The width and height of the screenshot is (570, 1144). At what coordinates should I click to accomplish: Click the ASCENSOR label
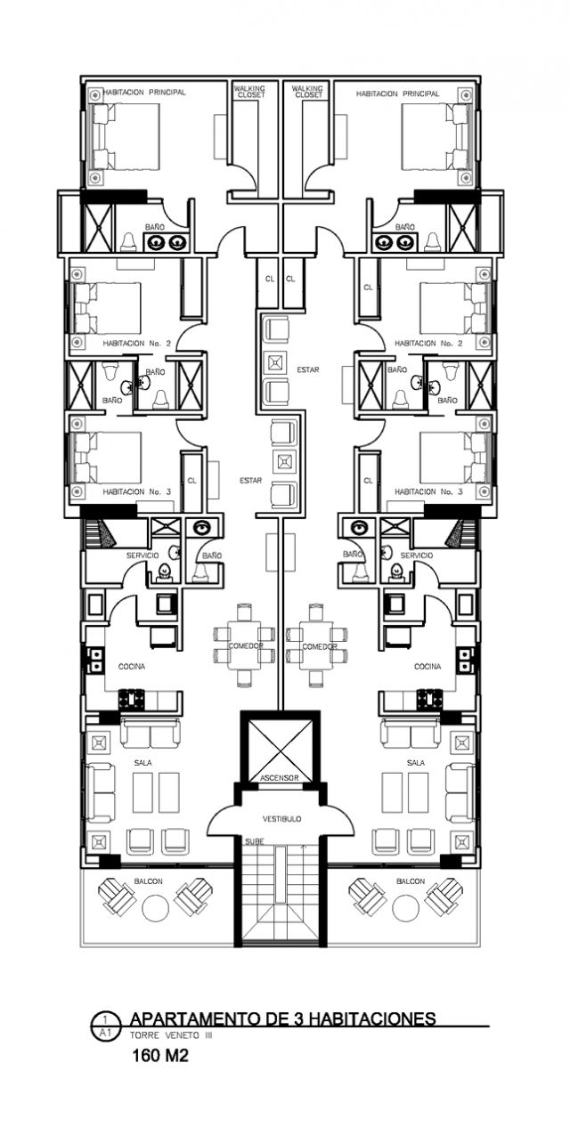tap(279, 778)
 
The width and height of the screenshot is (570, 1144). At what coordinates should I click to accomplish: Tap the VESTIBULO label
tap(281, 819)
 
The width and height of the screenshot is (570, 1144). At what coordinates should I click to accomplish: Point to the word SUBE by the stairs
tap(255, 841)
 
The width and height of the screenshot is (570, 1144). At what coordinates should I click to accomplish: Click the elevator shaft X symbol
tap(281, 747)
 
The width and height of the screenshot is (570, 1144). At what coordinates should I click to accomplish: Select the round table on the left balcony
tap(155, 906)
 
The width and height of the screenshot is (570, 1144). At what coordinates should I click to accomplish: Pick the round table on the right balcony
tap(406, 906)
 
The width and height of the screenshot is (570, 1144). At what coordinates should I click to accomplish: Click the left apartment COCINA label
tap(132, 667)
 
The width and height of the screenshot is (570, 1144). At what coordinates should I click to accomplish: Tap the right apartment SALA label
tap(416, 762)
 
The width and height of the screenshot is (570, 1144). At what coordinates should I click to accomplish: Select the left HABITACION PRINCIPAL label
tap(145, 93)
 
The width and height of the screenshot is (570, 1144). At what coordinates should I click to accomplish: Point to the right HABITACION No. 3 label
tap(428, 491)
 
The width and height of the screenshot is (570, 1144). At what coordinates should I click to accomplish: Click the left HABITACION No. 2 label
tap(137, 344)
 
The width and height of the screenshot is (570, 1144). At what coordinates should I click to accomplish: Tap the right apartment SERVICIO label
tap(416, 556)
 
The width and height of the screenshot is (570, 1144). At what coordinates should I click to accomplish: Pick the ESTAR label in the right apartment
tap(308, 369)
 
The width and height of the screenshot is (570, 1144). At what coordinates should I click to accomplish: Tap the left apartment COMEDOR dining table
tap(245, 645)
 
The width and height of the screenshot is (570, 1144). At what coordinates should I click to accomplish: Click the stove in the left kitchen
tap(132, 700)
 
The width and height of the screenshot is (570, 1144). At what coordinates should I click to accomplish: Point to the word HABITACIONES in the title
tap(372, 1018)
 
